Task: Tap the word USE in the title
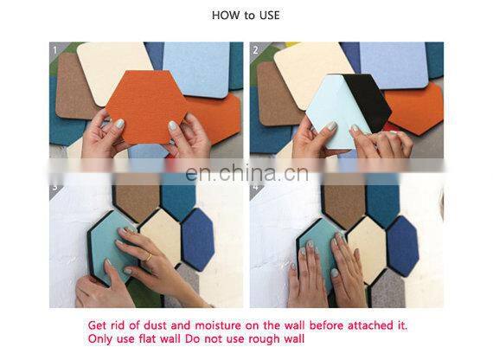pyautogui.click(x=269, y=16)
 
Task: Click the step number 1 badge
pyautogui.click(x=54, y=49)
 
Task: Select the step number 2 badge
pyautogui.click(x=255, y=49)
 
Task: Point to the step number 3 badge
pyautogui.click(x=54, y=185)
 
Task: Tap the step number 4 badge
pyautogui.click(x=255, y=185)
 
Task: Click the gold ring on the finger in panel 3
pyautogui.click(x=148, y=257)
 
